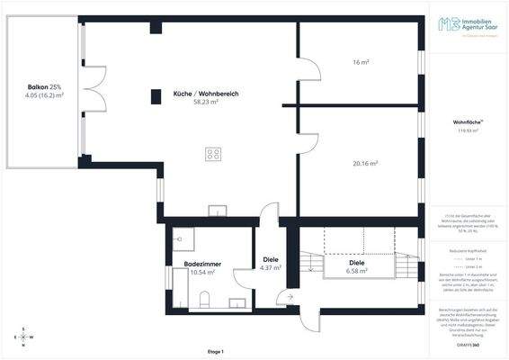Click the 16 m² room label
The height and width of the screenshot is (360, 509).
[362, 62]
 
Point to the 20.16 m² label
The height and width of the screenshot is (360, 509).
[364, 164]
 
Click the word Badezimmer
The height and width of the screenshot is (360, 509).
[203, 264]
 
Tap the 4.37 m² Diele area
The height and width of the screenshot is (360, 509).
[271, 267]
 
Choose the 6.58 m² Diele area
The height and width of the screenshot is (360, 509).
[359, 270]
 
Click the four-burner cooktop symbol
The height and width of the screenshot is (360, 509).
[214, 154]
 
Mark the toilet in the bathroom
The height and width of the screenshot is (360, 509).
[205, 299]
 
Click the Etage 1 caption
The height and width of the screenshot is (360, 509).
[215, 351]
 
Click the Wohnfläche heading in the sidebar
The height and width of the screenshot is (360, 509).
[468, 121]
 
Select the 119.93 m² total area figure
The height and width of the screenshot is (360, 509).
[468, 130]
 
